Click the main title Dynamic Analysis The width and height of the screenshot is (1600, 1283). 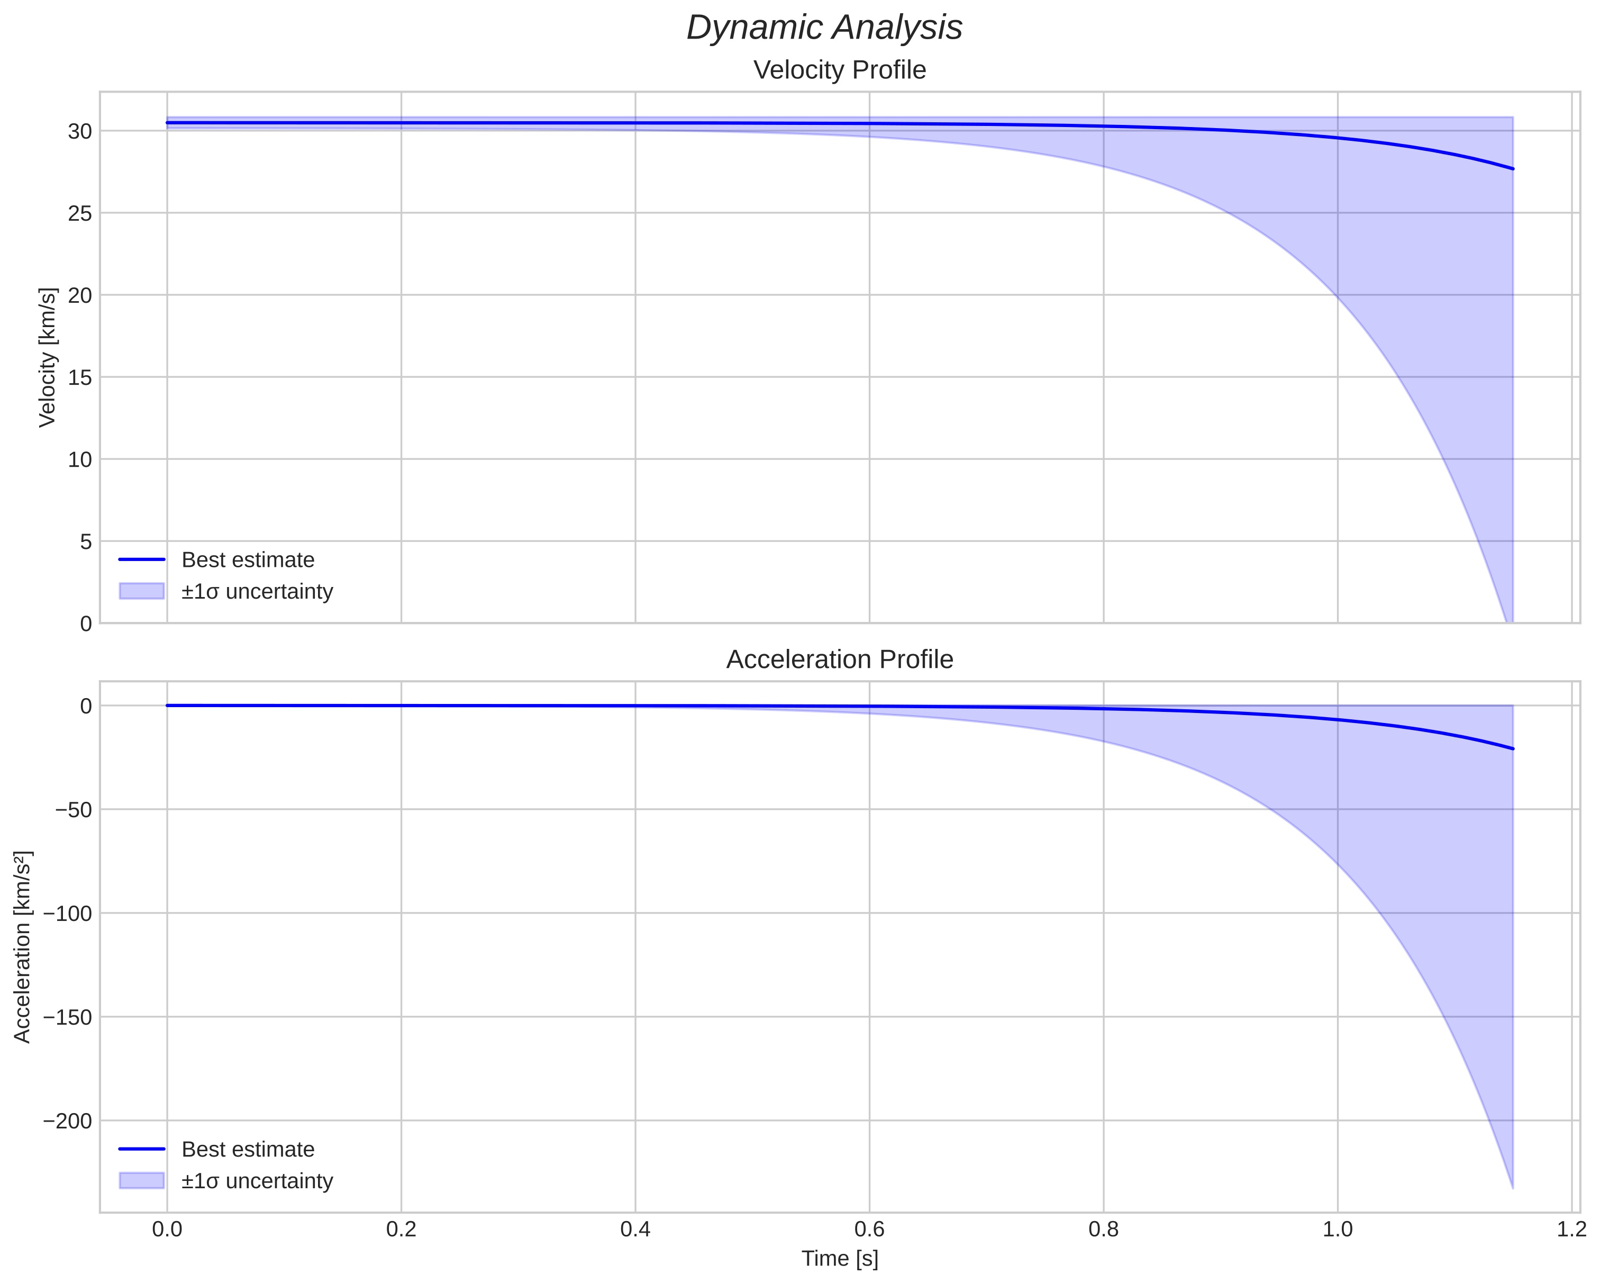point(824,28)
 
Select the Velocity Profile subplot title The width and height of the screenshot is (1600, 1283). point(839,70)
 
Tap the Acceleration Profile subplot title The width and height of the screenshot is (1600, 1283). point(839,659)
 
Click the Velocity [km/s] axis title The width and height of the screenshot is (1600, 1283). point(48,357)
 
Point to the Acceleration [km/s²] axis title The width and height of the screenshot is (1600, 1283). point(23,947)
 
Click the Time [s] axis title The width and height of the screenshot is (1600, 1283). point(839,1259)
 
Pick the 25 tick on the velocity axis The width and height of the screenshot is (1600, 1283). point(80,214)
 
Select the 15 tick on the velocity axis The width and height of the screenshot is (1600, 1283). point(80,378)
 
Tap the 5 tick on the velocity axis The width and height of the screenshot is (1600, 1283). point(86,542)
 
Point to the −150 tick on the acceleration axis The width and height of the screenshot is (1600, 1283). point(68,1017)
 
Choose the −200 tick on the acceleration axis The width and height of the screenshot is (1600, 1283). point(68,1121)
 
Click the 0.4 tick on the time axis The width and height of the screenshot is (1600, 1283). point(635,1230)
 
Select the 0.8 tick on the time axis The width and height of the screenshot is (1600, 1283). point(1104,1230)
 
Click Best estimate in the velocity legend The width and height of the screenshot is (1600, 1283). point(248,560)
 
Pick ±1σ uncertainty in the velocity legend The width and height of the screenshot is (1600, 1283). point(257,592)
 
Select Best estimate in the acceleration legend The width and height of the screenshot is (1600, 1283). point(248,1150)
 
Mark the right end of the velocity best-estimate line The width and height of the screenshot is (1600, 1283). point(1512,168)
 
